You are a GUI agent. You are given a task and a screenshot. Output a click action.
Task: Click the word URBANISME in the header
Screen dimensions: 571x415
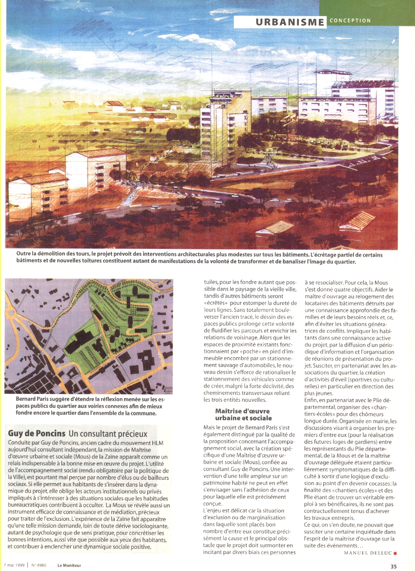click(290, 22)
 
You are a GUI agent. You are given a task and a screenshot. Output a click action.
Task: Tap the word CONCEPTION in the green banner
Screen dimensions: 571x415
click(350, 20)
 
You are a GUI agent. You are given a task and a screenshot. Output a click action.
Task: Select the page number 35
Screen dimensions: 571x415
click(394, 566)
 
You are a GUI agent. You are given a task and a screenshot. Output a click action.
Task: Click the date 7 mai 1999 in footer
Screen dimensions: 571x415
click(14, 566)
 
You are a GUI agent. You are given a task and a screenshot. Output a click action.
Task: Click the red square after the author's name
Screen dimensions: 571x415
click(394, 553)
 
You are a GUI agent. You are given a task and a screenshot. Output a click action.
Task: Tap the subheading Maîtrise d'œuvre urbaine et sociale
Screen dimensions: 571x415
click(243, 414)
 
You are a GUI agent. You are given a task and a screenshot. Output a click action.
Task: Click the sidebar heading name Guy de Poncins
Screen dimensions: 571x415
click(36, 433)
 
